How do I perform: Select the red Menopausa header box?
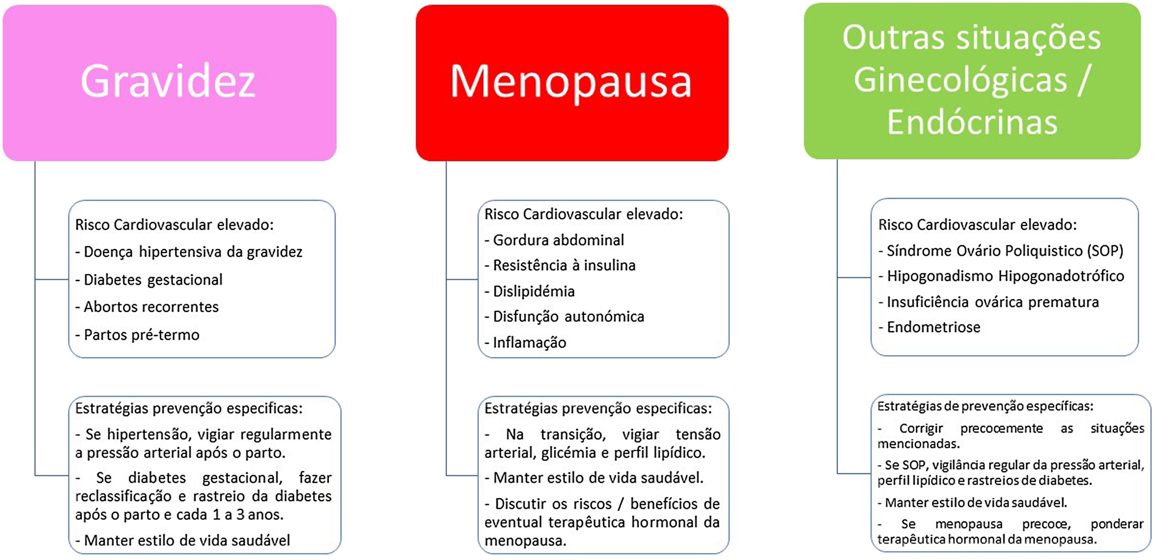pos(571,82)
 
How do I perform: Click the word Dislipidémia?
pos(534,291)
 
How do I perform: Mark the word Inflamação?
pos(529,343)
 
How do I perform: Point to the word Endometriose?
pos(933,327)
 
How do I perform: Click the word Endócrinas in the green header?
pos(972,122)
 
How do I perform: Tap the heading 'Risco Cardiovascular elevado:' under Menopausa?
pos(583,214)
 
